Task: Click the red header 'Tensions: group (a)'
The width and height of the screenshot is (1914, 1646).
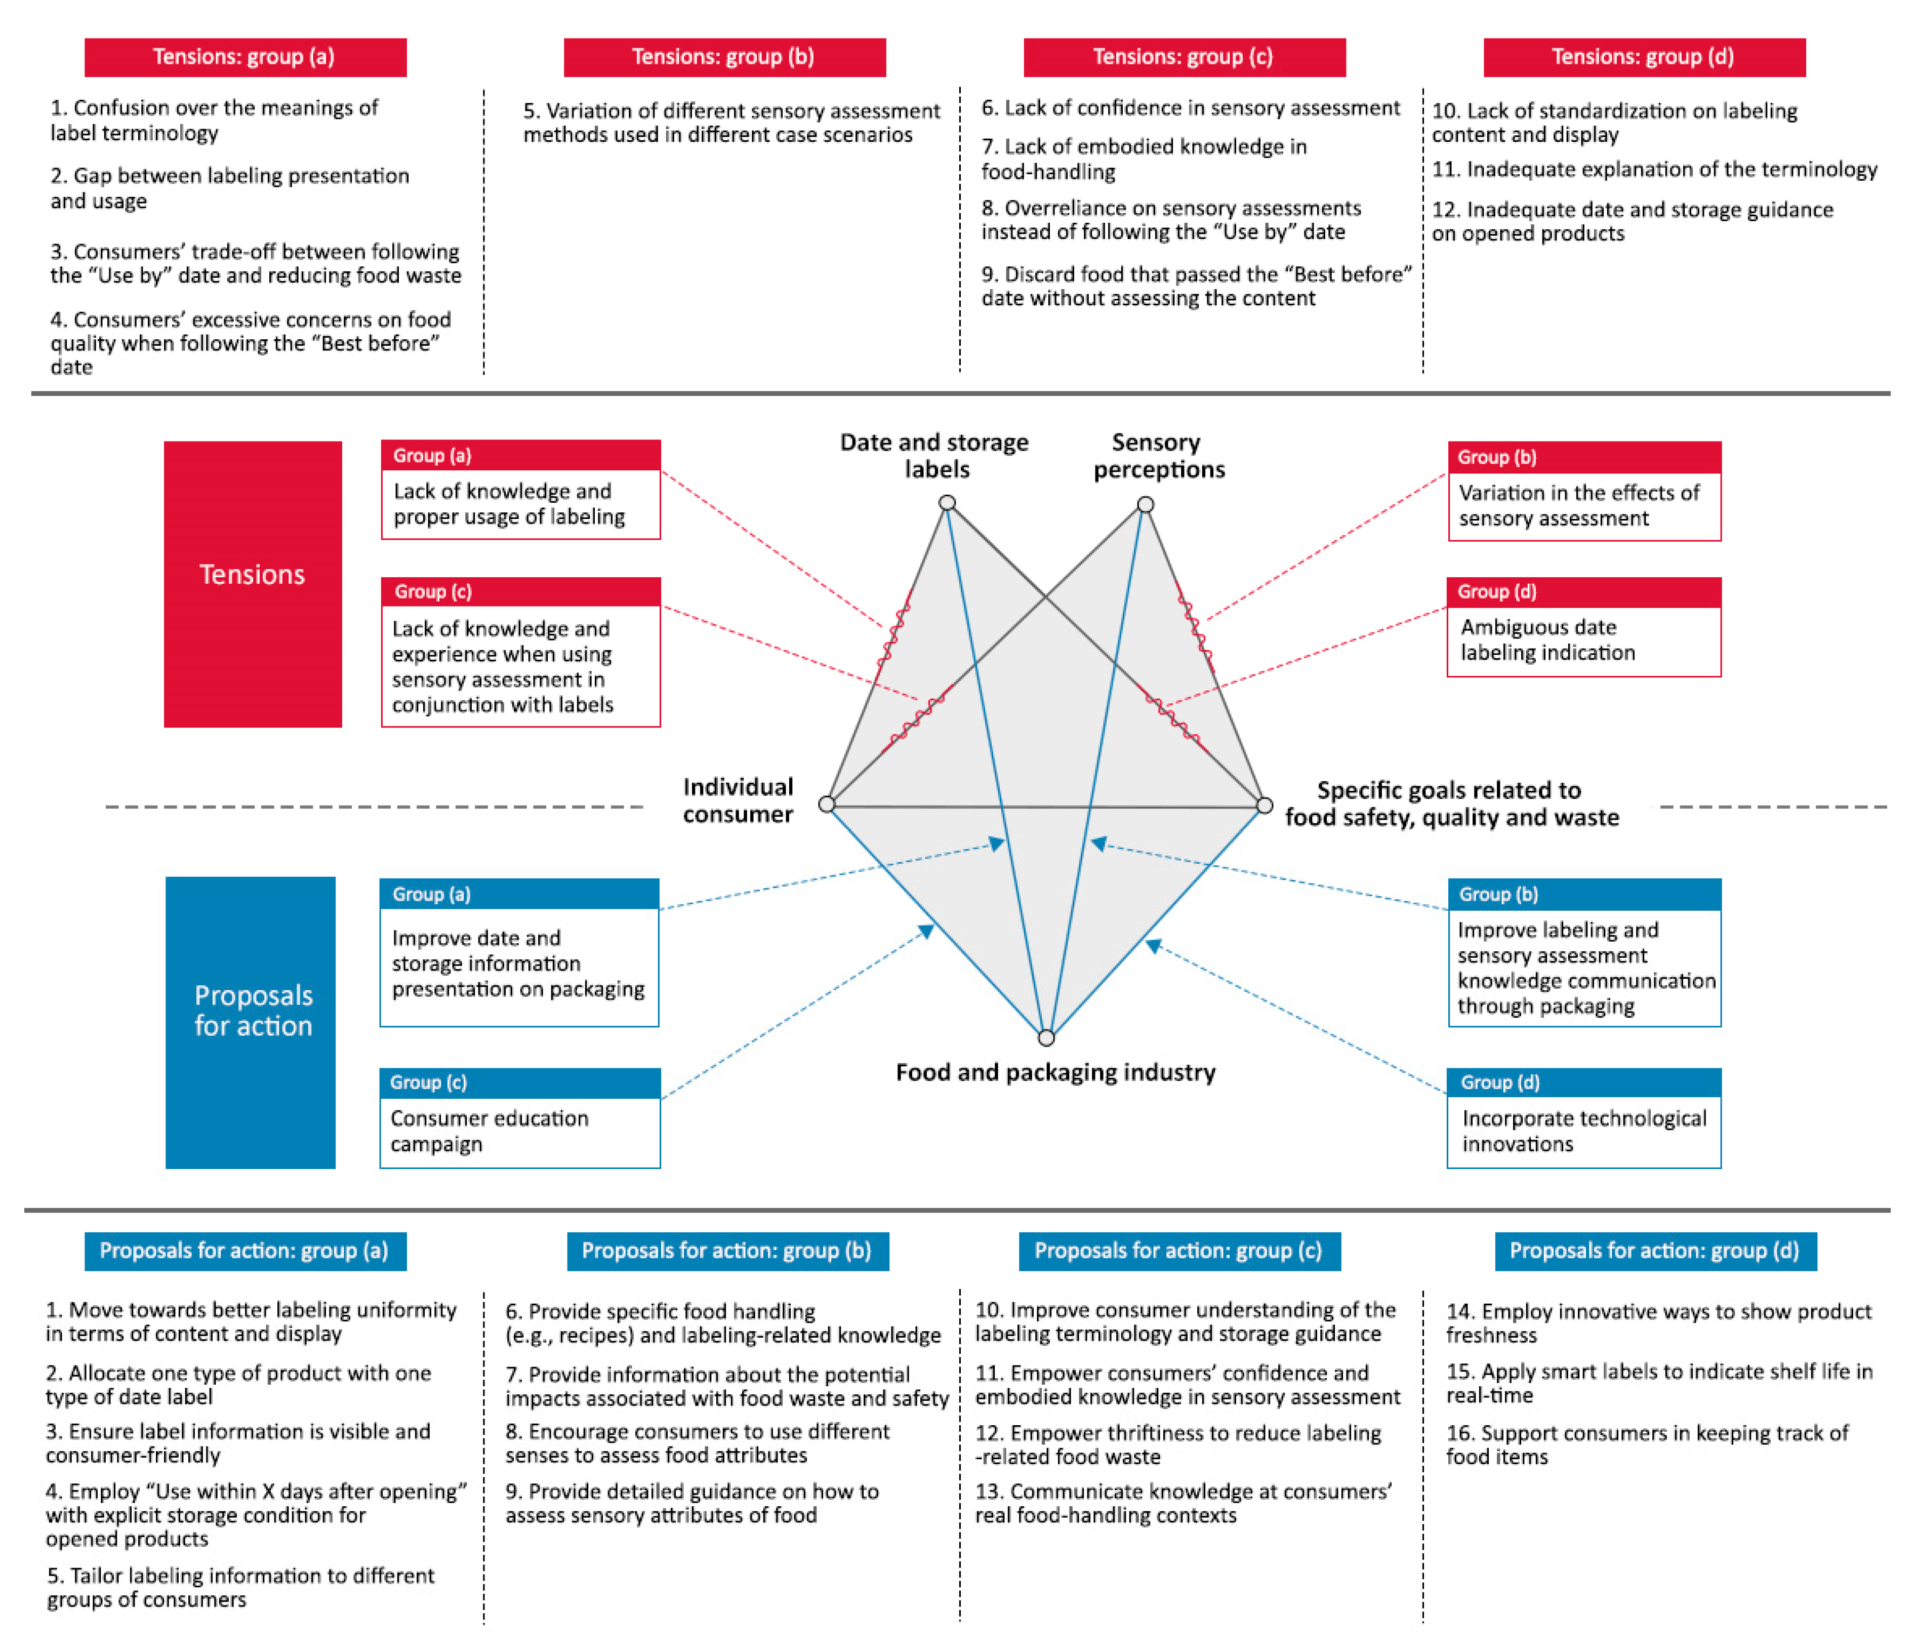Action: [245, 57]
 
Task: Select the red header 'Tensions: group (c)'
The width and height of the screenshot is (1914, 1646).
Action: [1184, 57]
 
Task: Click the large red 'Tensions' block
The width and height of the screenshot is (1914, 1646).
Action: [252, 584]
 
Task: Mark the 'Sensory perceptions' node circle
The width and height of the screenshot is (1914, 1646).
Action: [1146, 504]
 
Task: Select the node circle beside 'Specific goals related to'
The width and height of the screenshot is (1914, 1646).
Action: [1265, 806]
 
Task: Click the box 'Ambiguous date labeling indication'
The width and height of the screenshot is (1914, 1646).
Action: [1583, 639]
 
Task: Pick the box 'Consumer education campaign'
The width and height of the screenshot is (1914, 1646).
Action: [520, 1131]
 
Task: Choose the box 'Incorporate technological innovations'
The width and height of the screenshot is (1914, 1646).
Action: [1583, 1131]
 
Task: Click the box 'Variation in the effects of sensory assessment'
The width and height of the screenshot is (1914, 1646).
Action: [1583, 504]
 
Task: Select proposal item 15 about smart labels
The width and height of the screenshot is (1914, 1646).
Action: [1658, 1383]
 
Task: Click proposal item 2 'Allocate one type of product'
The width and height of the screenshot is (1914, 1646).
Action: [238, 1385]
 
